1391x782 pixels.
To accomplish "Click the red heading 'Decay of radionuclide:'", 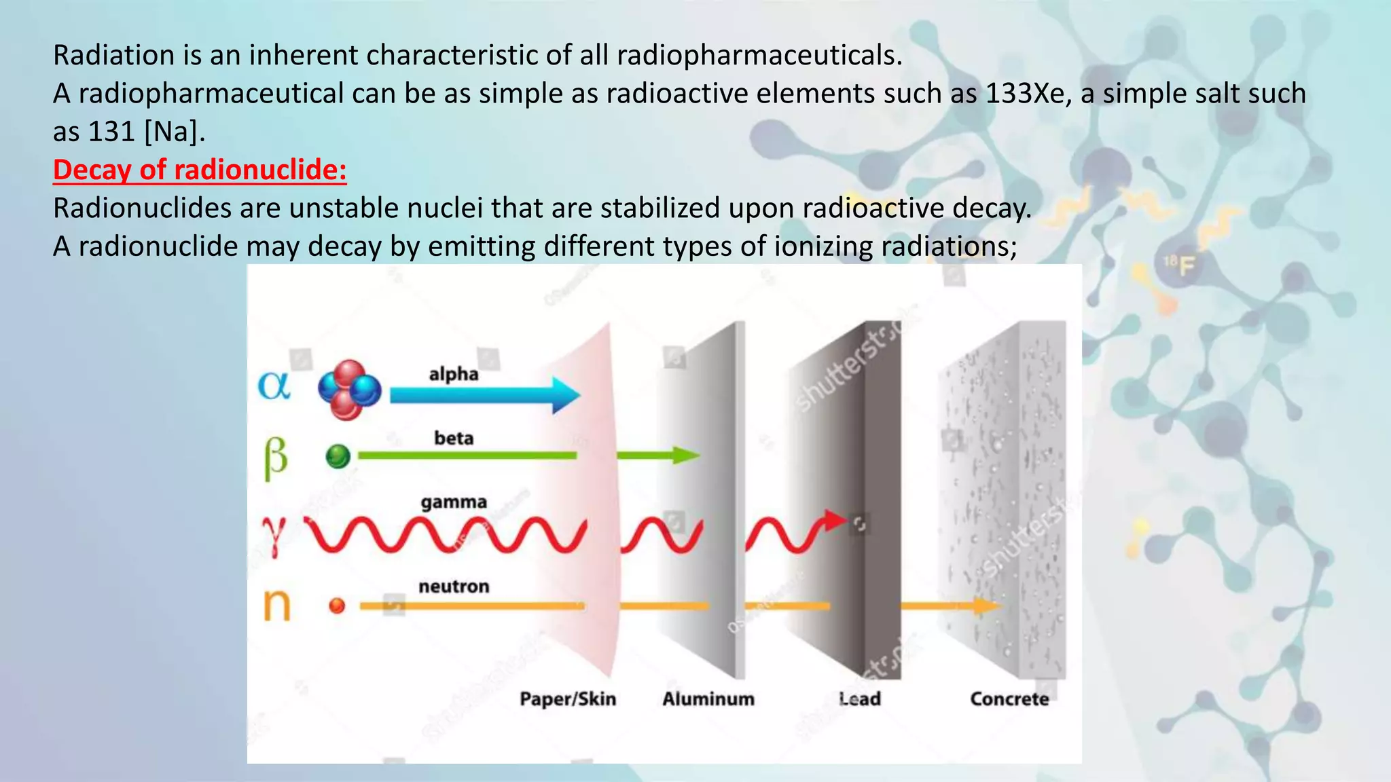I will [x=200, y=170].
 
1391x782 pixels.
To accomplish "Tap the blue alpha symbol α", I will [x=274, y=386].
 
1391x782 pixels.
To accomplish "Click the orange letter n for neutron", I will [x=276, y=604].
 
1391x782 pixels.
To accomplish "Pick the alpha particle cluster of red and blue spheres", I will [x=349, y=390].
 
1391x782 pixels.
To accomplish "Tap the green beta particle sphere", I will [x=338, y=456].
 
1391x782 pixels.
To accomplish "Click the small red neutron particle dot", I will [x=337, y=606].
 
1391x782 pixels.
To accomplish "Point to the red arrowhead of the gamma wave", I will [x=835, y=521].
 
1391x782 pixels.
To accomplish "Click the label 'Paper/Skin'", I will [x=568, y=699].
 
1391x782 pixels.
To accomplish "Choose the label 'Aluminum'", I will [x=708, y=699].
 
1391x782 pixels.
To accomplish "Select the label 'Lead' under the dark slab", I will [x=860, y=699].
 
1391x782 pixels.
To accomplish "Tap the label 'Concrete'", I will [x=1009, y=699].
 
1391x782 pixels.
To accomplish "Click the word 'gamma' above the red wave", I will [x=454, y=502].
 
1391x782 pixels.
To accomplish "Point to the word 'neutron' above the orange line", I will [x=454, y=586].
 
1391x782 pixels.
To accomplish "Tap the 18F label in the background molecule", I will [x=1180, y=265].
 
